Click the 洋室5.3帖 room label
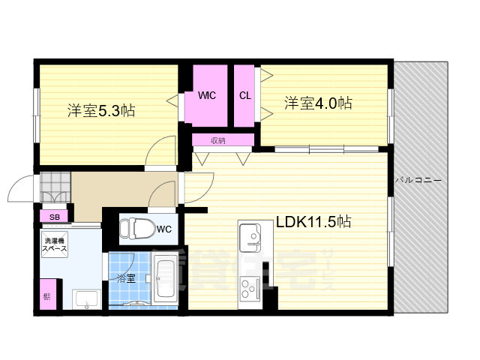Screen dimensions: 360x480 point(100,111)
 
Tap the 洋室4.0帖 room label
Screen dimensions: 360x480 point(318,103)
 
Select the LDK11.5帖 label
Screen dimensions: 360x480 point(313,222)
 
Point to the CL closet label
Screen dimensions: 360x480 point(244,96)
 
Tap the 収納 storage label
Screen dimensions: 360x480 point(218,140)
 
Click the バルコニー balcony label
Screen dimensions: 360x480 point(418,181)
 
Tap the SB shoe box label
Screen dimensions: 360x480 point(54,217)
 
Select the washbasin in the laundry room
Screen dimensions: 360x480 point(88,298)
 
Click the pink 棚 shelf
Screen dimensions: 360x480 point(48,295)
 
